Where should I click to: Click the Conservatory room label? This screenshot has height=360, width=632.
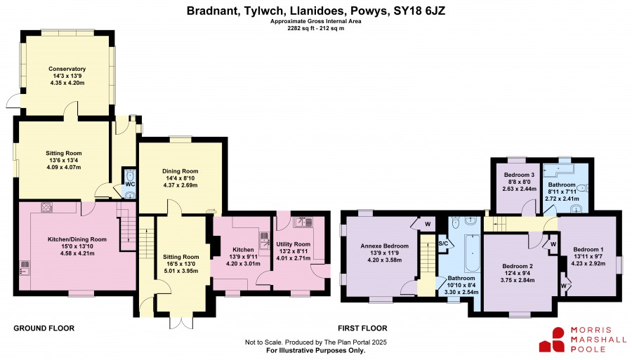67,69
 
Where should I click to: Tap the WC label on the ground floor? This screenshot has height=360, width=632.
130,184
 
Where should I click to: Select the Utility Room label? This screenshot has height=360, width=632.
293,244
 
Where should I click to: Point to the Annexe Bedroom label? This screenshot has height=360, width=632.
385,246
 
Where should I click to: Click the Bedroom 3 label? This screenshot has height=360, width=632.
519,175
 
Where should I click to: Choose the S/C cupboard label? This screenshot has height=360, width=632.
443,244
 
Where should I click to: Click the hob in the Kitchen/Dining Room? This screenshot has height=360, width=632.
47,208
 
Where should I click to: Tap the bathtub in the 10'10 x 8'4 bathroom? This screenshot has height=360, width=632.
470,253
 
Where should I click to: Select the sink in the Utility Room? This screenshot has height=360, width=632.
303,222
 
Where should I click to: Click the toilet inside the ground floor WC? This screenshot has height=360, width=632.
130,175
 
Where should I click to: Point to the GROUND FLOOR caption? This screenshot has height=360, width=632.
44,328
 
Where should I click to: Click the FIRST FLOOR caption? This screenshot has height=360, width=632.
362,328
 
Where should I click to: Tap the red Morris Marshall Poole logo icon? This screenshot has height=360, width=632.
552,340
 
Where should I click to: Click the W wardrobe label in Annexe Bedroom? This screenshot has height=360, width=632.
427,224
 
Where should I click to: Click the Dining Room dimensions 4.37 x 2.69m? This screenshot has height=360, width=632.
180,185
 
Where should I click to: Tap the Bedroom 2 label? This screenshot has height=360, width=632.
518,266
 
